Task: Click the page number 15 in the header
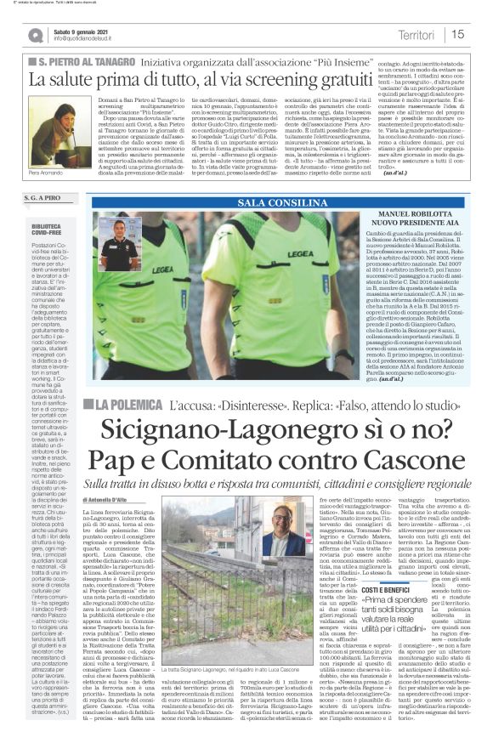tap(458, 34)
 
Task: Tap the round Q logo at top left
tap(35, 35)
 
